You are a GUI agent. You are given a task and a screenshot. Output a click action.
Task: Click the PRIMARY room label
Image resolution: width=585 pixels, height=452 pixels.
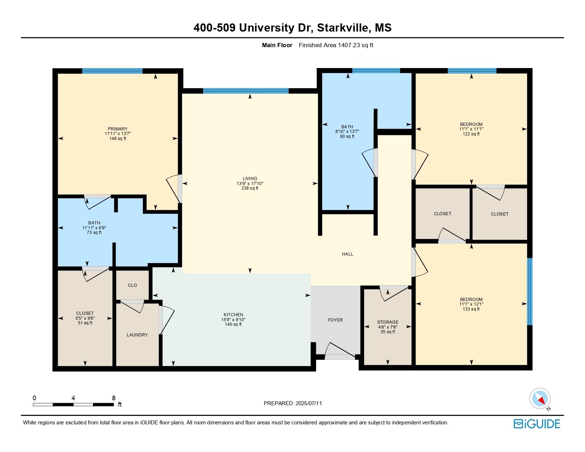(117, 129)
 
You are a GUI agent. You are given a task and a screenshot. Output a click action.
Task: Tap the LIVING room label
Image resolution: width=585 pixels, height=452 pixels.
(250, 178)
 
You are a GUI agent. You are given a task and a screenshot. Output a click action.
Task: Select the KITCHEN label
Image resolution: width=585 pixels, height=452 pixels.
(233, 315)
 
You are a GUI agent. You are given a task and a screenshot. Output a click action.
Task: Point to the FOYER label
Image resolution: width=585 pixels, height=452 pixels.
(335, 320)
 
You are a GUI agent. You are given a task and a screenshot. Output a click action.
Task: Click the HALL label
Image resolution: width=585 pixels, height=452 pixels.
(347, 254)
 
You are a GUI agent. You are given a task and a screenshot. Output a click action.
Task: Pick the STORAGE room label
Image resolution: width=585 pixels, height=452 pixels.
(388, 322)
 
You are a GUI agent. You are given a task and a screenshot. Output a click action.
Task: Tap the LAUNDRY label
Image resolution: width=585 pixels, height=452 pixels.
(137, 335)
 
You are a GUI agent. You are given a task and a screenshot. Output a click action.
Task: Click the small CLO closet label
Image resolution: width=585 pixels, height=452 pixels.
(133, 285)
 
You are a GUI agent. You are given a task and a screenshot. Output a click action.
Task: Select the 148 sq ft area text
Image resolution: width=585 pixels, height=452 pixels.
(118, 139)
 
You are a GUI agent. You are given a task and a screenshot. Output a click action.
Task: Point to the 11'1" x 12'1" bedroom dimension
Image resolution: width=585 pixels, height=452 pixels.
(471, 304)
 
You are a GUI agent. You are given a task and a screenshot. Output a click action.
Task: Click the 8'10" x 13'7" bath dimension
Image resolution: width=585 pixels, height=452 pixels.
(347, 132)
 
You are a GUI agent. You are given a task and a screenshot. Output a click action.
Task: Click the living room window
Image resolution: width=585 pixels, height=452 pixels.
(246, 91)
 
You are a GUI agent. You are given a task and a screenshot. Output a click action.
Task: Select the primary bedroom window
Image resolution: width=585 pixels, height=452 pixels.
(112, 71)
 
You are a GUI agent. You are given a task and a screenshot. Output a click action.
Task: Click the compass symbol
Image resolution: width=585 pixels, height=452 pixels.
(540, 399)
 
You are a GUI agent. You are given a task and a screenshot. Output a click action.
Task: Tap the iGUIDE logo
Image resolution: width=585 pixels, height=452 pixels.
(536, 424)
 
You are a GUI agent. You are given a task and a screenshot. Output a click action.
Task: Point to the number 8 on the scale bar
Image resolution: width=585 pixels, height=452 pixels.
(113, 398)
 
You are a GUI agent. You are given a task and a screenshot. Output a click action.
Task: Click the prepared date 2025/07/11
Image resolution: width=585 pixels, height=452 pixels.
(308, 403)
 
